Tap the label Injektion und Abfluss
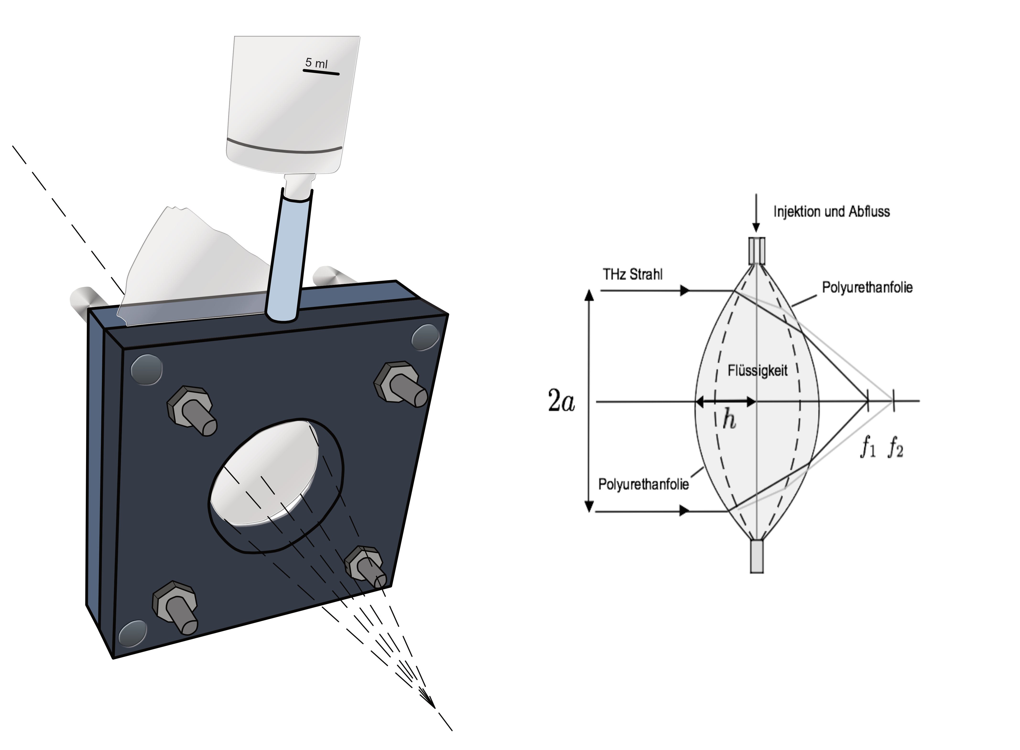(x=832, y=212)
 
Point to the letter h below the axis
(x=729, y=420)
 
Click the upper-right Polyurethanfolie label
(x=867, y=287)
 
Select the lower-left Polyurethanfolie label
(x=643, y=484)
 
